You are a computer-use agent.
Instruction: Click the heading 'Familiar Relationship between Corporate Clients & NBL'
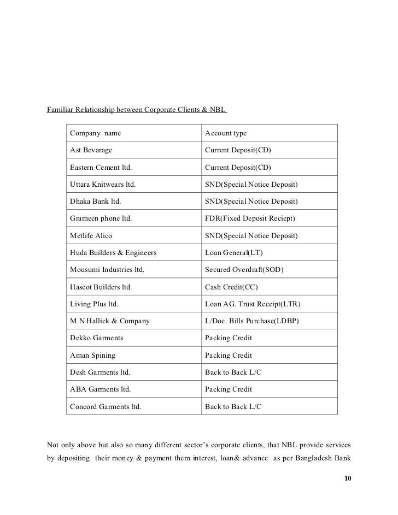tap(137, 110)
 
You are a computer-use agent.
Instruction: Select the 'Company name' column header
tap(95, 133)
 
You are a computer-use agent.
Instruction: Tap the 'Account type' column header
tap(226, 133)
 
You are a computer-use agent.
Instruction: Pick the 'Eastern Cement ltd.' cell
tap(101, 167)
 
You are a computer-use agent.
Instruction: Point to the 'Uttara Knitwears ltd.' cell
tap(103, 185)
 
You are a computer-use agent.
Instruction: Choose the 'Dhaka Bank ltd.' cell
tap(95, 202)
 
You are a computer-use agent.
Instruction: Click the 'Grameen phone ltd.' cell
tap(101, 218)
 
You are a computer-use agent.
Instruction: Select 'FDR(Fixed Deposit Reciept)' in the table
tap(250, 218)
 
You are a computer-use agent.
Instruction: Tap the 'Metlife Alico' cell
tap(91, 236)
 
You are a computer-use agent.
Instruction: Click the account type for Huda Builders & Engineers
tap(231, 253)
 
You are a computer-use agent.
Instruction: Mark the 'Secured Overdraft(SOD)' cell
tap(244, 270)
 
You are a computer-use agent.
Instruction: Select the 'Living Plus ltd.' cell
tap(94, 304)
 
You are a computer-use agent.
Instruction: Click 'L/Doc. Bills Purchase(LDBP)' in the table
tap(251, 321)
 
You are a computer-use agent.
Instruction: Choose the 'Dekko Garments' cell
tap(96, 338)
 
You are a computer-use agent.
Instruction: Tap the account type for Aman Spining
tap(228, 356)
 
